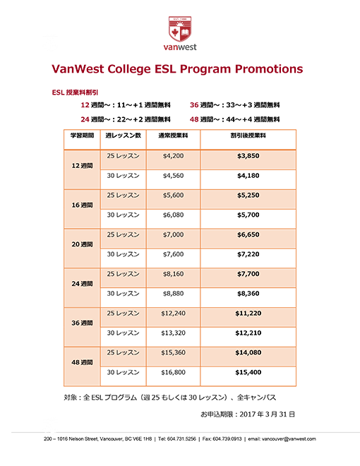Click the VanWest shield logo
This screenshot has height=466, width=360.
pos(180,29)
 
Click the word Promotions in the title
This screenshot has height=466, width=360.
pos(269,69)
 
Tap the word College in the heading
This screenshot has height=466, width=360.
pos(129,69)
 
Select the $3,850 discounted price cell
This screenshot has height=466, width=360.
pos(248,156)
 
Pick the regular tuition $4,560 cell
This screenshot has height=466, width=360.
pos(173,176)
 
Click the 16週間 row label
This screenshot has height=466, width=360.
pos(82,205)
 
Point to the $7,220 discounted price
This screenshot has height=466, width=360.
pos(248,254)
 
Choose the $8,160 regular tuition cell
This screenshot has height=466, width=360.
pos(173,274)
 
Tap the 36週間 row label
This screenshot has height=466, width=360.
pos(82,323)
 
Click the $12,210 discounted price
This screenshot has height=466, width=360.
pos(248,333)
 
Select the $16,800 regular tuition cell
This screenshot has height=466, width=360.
pos(173,372)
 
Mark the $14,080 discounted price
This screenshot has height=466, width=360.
pos(248,352)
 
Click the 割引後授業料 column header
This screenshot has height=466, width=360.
pos(248,136)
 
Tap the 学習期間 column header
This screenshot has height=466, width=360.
pos(82,136)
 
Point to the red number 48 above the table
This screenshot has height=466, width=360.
pos(194,119)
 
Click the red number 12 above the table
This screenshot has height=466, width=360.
pos(85,105)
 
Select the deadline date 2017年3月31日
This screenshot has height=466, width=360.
pos(267,414)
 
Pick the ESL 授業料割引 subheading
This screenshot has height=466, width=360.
pos(75,92)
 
